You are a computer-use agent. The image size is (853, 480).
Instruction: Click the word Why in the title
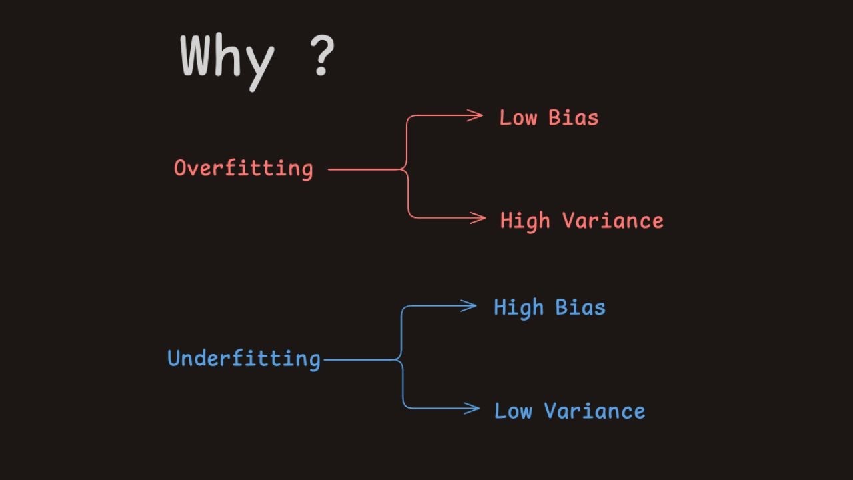point(227,59)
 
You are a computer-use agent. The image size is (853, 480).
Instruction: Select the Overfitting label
point(243,168)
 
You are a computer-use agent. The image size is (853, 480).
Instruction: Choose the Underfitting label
point(244,359)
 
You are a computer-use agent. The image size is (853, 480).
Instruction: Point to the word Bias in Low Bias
point(573,118)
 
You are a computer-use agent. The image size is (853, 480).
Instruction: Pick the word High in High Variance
point(525,221)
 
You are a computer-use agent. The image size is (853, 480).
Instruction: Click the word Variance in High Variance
point(613,221)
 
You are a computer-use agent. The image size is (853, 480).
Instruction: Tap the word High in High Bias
point(518,308)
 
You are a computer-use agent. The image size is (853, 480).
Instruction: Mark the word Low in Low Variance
point(513,411)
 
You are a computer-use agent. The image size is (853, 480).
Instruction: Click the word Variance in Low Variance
point(595,411)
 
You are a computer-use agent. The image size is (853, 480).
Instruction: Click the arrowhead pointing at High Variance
point(479,217)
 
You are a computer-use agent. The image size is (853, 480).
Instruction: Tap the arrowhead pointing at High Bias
point(470,306)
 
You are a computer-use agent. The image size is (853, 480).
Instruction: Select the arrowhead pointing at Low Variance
point(472,408)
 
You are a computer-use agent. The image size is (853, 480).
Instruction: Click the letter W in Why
point(198,56)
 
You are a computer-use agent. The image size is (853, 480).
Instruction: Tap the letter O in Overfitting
point(180,168)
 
